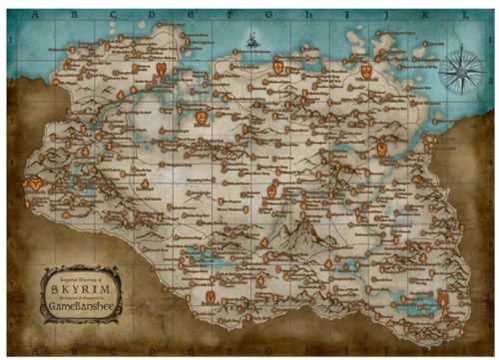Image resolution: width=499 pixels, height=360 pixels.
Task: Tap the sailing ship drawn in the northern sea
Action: click(x=253, y=41)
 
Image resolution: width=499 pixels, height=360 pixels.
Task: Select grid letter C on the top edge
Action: click(x=111, y=16)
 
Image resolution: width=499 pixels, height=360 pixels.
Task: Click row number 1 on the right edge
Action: click(x=486, y=38)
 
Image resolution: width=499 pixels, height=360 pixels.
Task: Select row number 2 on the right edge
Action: click(x=486, y=78)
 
